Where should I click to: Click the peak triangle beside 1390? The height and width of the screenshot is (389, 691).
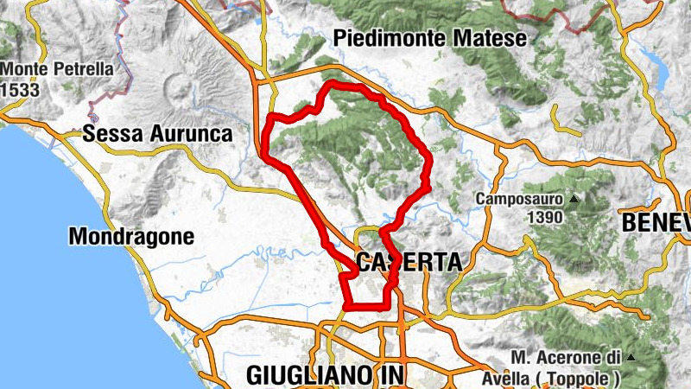[574, 199]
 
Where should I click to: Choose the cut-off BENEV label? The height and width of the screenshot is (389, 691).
[656, 222]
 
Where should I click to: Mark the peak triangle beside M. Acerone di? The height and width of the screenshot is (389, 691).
[631, 357]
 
